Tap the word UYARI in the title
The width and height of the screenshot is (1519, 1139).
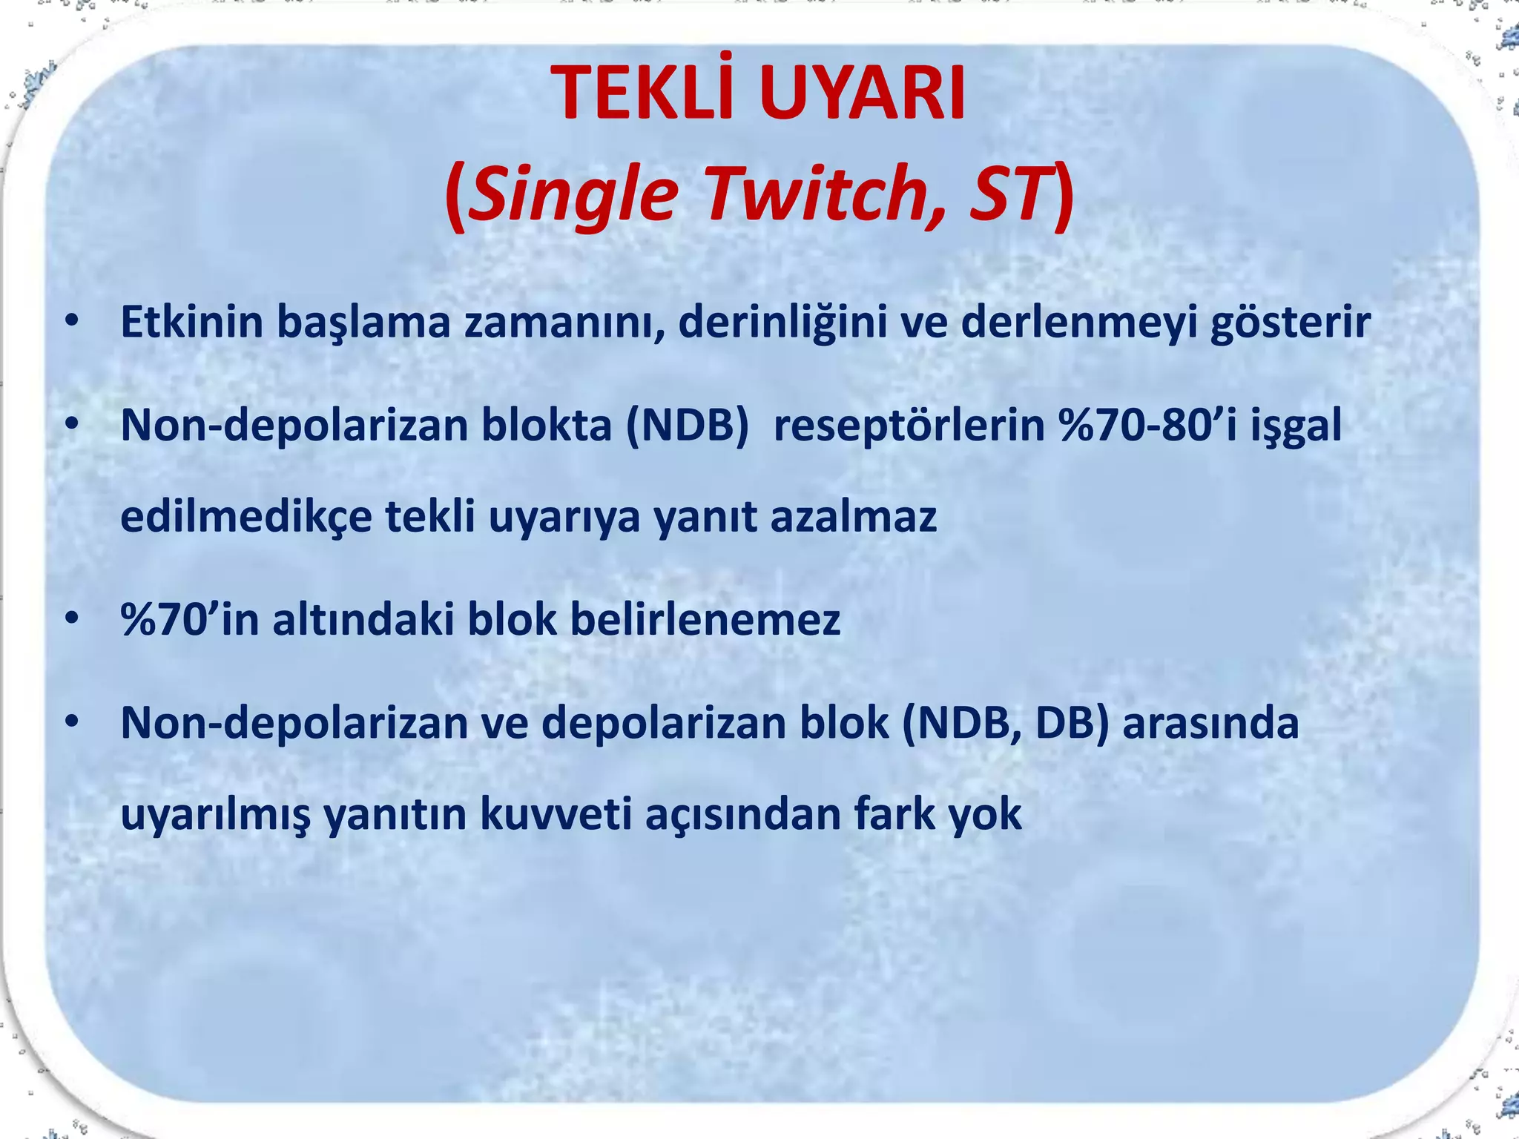coord(862,95)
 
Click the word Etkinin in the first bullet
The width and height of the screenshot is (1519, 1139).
coord(191,322)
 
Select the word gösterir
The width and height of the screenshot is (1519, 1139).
coord(1291,323)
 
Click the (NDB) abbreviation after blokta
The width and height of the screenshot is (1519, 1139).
coord(688,426)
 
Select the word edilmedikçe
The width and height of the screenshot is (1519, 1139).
coord(246,517)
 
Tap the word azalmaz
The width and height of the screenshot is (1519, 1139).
coord(854,517)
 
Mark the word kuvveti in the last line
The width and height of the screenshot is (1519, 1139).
coord(556,814)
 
